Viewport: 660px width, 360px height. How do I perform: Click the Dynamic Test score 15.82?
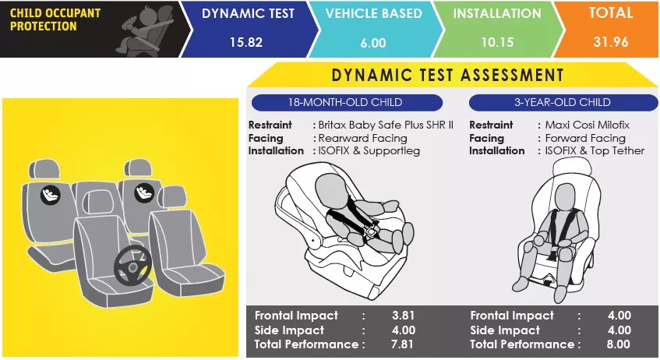pos(246,42)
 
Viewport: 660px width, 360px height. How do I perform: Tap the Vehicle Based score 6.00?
pos(373,43)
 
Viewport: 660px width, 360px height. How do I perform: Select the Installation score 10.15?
pos(497,42)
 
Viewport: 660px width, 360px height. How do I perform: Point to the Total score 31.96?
pos(611,41)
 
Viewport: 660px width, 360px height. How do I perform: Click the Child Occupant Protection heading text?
pos(55,19)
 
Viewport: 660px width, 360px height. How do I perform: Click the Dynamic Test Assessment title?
pos(447,75)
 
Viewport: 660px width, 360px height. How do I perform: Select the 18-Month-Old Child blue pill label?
pos(347,102)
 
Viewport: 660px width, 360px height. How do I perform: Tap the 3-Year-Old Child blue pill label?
pos(563,102)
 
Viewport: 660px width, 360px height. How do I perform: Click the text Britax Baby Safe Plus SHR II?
pos(386,125)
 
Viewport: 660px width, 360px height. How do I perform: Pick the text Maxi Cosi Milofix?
pos(588,125)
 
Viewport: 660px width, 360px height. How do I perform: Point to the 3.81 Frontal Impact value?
pos(403,316)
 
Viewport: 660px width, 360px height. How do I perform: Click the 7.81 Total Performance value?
pos(402,344)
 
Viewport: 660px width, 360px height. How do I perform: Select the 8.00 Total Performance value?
pos(619,344)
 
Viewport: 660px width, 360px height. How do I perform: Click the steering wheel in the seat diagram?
pos(132,265)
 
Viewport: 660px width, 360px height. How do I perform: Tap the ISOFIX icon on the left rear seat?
pos(51,195)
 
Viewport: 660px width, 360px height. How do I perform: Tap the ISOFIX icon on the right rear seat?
pos(144,192)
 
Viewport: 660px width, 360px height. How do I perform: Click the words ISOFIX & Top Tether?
pos(595,150)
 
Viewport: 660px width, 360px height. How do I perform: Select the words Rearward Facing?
pos(363,138)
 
